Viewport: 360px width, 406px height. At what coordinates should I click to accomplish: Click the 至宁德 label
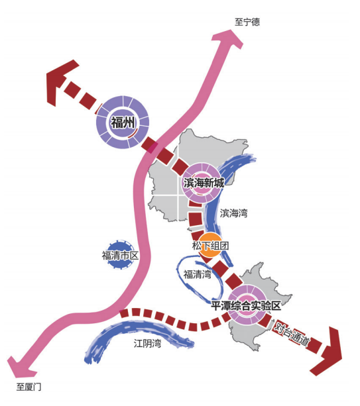[247, 22]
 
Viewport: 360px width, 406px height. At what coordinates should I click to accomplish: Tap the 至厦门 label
[29, 387]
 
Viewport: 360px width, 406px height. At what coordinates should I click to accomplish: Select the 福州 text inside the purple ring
[123, 123]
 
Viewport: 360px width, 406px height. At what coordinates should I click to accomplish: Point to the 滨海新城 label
[204, 183]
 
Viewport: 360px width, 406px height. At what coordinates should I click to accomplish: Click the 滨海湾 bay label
[234, 213]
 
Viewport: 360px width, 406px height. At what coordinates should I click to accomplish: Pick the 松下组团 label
[210, 246]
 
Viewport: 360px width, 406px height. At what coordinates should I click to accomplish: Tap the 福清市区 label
[120, 256]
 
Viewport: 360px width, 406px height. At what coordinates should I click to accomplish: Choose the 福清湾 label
[198, 274]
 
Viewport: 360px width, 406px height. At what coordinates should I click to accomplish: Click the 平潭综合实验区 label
[246, 306]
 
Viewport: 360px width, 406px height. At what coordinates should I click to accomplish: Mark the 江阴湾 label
[147, 343]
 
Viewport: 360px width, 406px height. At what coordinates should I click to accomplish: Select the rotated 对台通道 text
[292, 334]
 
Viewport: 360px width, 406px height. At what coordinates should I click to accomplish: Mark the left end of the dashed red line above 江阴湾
[121, 313]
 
